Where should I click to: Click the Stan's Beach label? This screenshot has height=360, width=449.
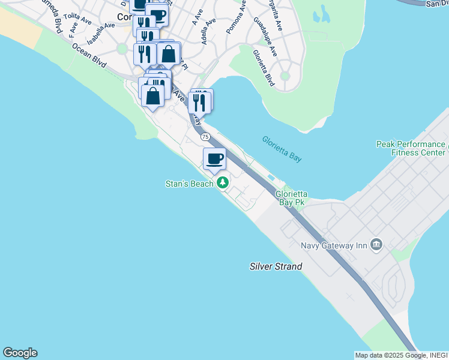click(189, 184)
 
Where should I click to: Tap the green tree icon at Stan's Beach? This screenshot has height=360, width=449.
click(223, 182)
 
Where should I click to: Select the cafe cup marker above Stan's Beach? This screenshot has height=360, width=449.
click(214, 159)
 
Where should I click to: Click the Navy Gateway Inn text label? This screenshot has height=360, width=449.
click(335, 244)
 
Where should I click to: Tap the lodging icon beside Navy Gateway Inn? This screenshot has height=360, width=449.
click(376, 244)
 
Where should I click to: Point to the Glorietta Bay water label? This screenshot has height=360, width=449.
click(282, 149)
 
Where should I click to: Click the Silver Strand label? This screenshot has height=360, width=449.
click(276, 266)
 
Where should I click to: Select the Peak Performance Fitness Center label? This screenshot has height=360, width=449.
click(411, 148)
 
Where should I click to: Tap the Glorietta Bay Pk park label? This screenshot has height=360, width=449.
click(291, 198)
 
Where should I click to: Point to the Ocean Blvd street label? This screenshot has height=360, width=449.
click(89, 55)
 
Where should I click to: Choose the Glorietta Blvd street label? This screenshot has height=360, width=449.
click(263, 67)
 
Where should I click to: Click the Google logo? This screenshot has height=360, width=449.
click(20, 353)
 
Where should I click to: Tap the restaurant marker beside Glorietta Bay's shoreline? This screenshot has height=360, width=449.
click(199, 102)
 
